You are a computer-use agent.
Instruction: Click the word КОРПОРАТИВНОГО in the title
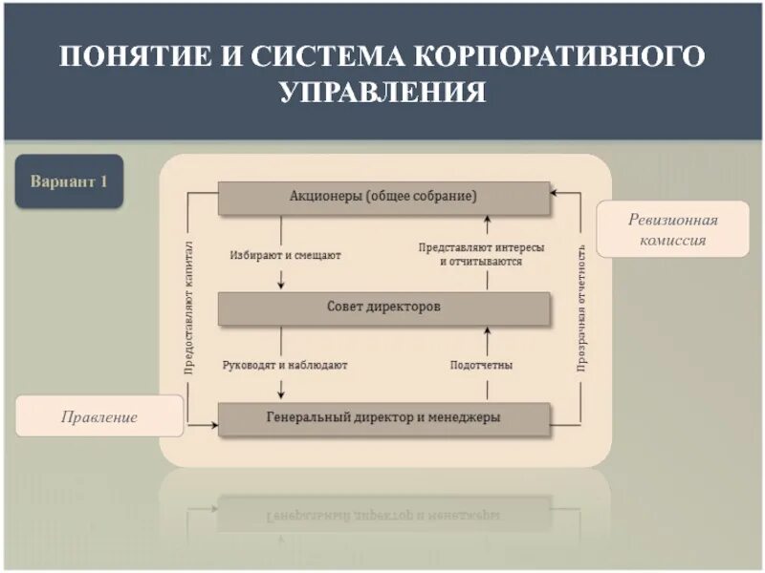(559, 55)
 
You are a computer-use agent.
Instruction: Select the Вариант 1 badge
(69, 181)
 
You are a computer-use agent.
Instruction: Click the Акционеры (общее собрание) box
(383, 197)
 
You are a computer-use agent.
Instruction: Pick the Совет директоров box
(383, 308)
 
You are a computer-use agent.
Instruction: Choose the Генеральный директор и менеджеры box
(383, 418)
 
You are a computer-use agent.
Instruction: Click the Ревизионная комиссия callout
(672, 230)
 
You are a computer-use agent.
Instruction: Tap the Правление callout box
(99, 417)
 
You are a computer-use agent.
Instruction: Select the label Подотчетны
(481, 366)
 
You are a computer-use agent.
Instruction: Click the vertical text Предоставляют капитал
(189, 306)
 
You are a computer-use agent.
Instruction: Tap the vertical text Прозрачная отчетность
(580, 306)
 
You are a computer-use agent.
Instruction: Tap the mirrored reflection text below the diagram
(383, 515)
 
